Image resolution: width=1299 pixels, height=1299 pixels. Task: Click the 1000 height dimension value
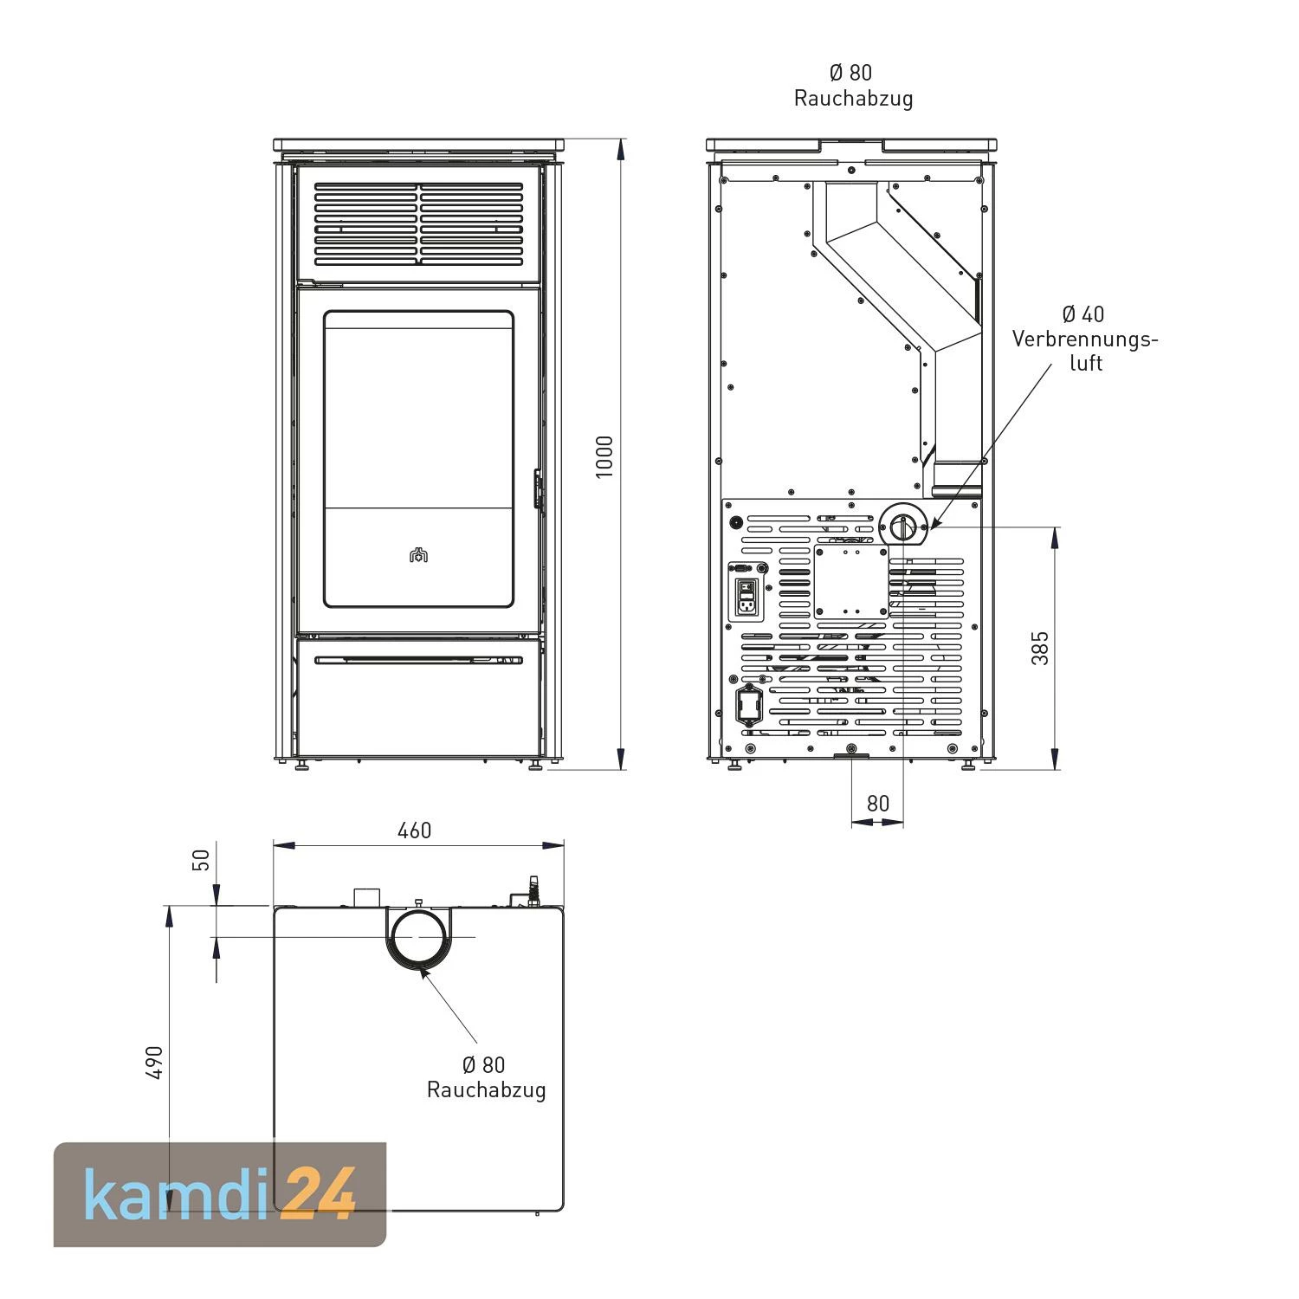pos(605,456)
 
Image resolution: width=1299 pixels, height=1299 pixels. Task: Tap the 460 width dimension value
pos(414,830)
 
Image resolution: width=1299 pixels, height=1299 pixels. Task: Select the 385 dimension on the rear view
pos(1040,648)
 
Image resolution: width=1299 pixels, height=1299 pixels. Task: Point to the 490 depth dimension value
pos(154,1062)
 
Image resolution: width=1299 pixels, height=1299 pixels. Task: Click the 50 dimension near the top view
pos(201,860)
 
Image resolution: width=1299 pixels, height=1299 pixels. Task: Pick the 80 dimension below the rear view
pos(877,804)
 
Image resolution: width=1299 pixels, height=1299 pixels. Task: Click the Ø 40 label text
pos(1083,313)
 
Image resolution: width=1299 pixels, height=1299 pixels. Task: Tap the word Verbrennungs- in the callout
pos(1085,339)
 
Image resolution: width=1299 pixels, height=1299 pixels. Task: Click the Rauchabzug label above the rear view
pos(853,98)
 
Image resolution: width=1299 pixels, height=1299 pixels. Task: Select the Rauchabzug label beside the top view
pos(486,1089)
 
